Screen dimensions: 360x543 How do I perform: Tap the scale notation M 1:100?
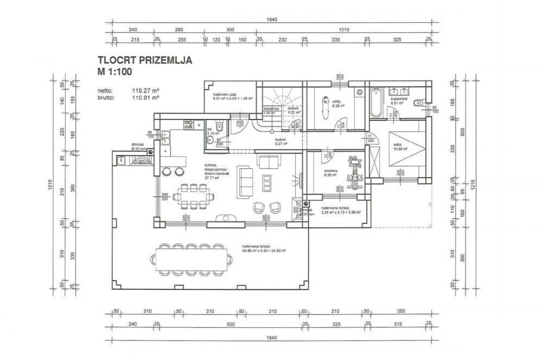pos(115,71)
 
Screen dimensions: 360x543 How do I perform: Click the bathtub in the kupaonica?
pos(376,104)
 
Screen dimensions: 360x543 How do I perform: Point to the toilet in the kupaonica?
pos(418,102)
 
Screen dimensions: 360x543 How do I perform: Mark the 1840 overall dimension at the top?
pos(272,20)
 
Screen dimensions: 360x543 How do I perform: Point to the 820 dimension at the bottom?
pos(230,324)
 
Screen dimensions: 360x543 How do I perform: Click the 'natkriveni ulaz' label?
pos(224,94)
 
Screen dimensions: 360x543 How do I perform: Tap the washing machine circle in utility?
pos(359,93)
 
